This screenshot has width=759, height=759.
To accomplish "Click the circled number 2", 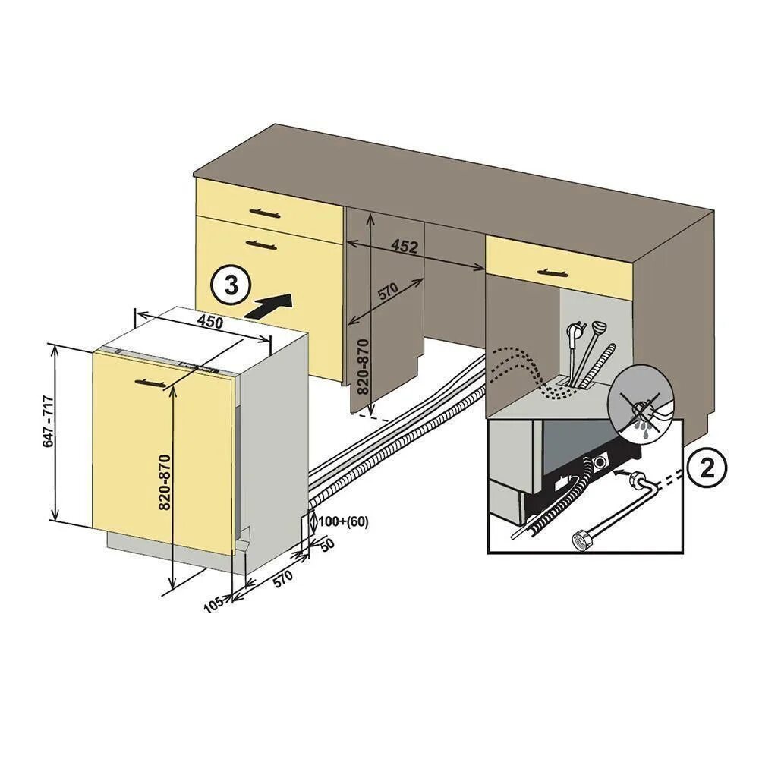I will [707, 469].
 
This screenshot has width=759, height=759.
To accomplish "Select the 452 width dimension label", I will [405, 246].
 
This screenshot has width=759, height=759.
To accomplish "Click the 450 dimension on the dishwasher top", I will [210, 321].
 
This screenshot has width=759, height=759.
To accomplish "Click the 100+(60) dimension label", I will [342, 521].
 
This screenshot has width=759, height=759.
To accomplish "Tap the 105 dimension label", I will [215, 603].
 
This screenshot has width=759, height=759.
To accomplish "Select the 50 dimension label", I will [326, 545].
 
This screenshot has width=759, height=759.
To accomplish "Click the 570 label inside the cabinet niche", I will [388, 291].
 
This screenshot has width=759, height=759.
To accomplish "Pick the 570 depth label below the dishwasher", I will [282, 578].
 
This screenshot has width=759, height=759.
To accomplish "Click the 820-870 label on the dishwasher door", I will [166, 481].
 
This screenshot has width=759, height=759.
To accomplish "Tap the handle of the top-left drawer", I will [258, 212].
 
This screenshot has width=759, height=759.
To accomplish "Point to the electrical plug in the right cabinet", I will [575, 333].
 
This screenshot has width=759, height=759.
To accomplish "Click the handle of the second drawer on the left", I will [261, 244].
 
